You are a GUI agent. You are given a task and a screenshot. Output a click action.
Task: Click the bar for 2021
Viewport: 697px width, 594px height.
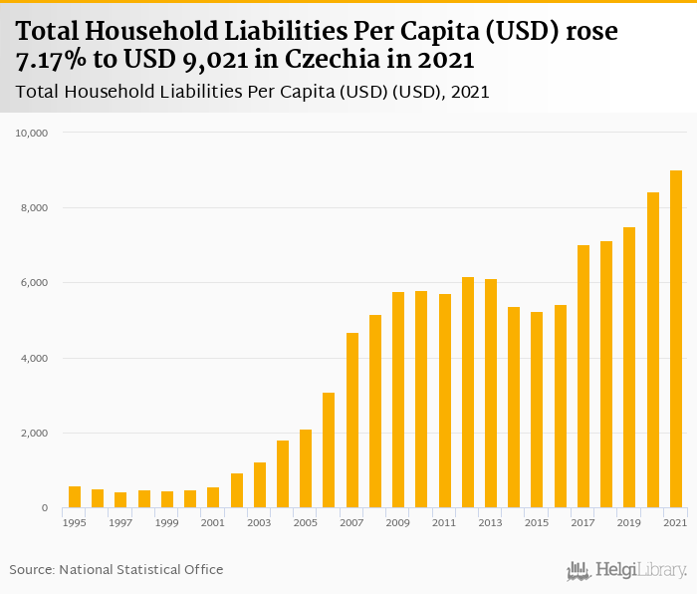(x=676, y=339)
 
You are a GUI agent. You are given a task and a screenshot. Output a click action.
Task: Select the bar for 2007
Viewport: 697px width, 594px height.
(x=352, y=421)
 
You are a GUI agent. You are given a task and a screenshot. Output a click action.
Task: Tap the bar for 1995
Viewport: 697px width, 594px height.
(x=75, y=497)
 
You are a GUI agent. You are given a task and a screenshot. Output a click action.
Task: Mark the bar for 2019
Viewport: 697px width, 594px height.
(x=629, y=368)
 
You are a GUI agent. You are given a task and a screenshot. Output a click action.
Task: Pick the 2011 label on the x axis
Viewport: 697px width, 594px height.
(x=444, y=522)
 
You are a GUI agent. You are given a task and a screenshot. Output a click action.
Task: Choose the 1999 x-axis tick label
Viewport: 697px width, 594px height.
(x=167, y=522)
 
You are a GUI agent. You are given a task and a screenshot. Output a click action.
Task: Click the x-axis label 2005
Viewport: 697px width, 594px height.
(x=306, y=522)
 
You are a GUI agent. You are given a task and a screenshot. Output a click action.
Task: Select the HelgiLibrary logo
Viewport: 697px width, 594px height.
(x=627, y=570)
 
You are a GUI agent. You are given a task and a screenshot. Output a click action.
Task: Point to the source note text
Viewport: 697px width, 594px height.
(x=116, y=569)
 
